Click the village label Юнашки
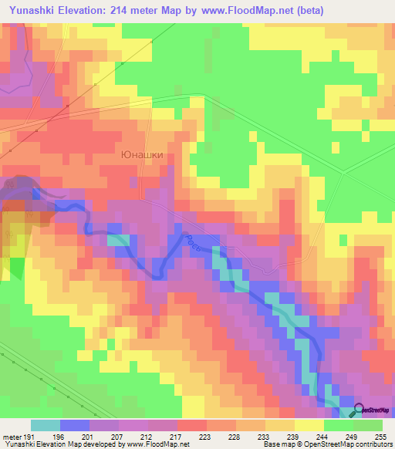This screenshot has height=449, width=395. pos(143,154)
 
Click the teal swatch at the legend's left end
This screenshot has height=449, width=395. pos(46,425)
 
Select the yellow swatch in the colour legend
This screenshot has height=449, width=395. pos(309,425)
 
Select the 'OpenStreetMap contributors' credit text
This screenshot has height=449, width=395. pos(341,444)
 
